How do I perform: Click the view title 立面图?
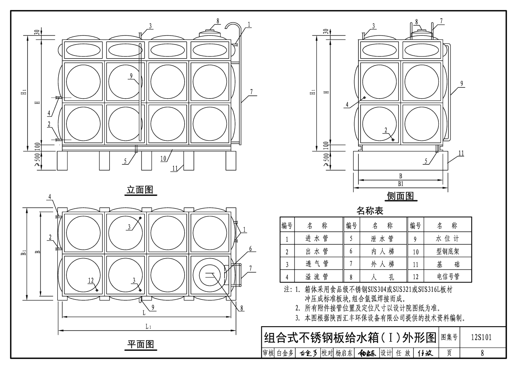click(140, 190)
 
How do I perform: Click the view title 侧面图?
click(400, 196)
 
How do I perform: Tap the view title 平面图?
click(141, 344)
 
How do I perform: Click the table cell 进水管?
click(317, 238)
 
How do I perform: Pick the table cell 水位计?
click(447, 238)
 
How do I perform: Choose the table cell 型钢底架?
click(448, 251)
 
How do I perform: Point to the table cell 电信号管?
click(448, 276)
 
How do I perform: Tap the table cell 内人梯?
click(382, 251)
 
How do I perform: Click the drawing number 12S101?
click(481, 337)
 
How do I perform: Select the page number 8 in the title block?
click(482, 353)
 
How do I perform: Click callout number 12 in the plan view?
click(91, 280)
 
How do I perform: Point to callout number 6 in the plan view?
click(250, 249)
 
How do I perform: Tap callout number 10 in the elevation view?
click(163, 158)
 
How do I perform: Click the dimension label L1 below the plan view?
click(149, 326)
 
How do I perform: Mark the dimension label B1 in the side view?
click(401, 184)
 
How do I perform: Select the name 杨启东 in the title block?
click(344, 353)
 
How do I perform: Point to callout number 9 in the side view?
click(462, 84)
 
